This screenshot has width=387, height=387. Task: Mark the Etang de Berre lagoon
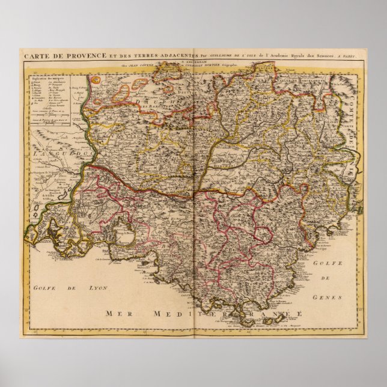click(x=127, y=231)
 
